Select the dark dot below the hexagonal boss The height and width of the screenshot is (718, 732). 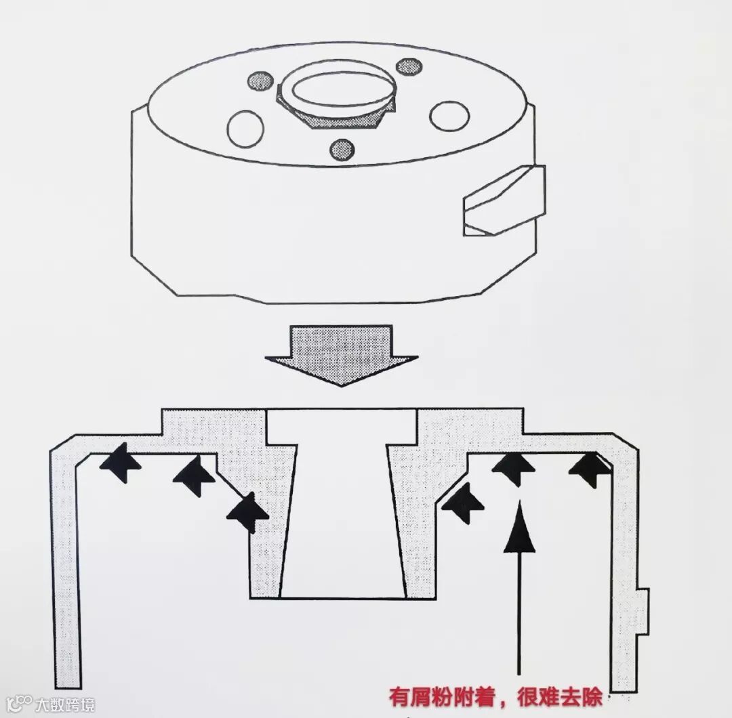tap(342, 150)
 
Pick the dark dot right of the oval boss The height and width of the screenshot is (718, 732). tap(409, 66)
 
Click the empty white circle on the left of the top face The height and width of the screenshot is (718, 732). tap(245, 128)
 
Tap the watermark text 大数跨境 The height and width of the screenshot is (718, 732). tap(66, 704)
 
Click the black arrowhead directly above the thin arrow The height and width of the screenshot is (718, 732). tap(513, 467)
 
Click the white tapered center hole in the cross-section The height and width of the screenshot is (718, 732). tap(342, 515)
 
